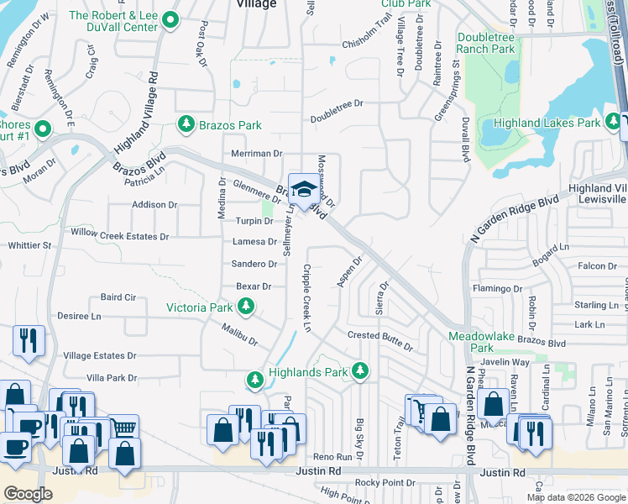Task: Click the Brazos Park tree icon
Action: point(186,125)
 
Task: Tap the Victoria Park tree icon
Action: point(245,308)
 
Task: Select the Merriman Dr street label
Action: point(257,154)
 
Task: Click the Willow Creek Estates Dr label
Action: point(120,237)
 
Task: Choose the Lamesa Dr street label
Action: point(254,242)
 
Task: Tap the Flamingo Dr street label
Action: point(497,288)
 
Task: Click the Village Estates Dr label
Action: point(99,356)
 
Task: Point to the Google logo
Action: point(28,494)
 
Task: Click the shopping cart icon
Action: point(417,410)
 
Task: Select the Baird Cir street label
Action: point(118,297)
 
